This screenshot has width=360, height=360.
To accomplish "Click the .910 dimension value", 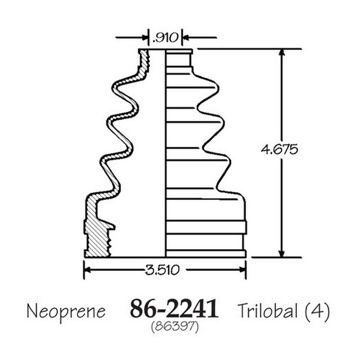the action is (165, 38).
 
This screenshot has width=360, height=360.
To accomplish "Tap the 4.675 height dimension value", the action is (279, 149).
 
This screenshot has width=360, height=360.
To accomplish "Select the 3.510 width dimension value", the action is (162, 270).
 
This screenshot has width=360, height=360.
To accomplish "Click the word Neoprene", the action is (66, 312).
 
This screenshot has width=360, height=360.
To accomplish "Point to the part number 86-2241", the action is (174, 308).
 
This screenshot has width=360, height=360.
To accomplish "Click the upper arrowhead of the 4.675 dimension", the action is (282, 52).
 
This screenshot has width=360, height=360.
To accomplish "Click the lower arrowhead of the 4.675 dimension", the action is (282, 253).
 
